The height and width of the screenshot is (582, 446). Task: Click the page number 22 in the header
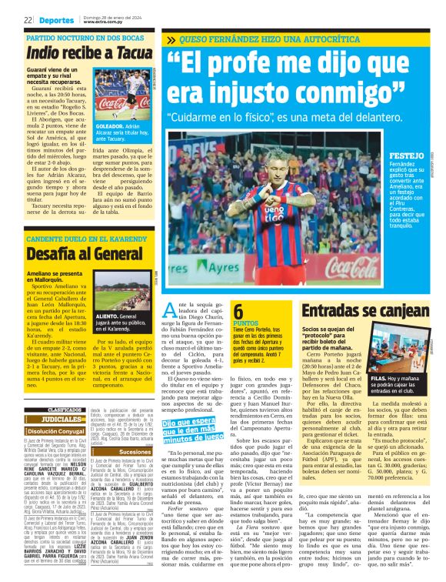pyautogui.click(x=28, y=19)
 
